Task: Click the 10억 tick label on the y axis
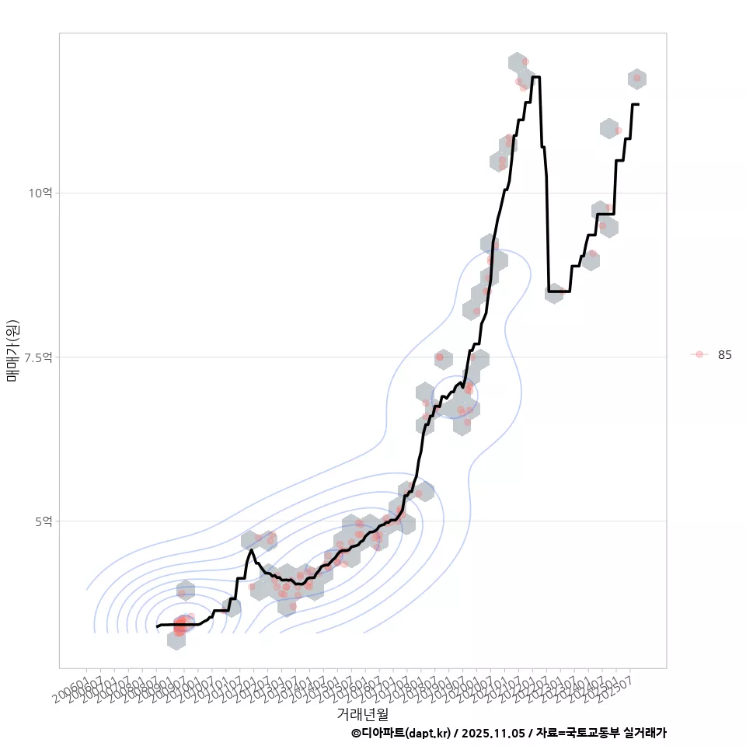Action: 40,193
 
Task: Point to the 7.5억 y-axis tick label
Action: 39,357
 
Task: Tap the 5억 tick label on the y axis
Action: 43,521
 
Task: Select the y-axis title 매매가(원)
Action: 13,350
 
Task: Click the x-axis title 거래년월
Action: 362,713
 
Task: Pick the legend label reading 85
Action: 724,354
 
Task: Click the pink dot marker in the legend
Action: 699,354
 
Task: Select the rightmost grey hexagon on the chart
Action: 637,78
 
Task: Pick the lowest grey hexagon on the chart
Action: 176,640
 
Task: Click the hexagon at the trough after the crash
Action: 553,293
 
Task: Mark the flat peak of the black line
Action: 535,77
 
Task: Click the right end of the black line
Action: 638,104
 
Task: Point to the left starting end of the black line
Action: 157,626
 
